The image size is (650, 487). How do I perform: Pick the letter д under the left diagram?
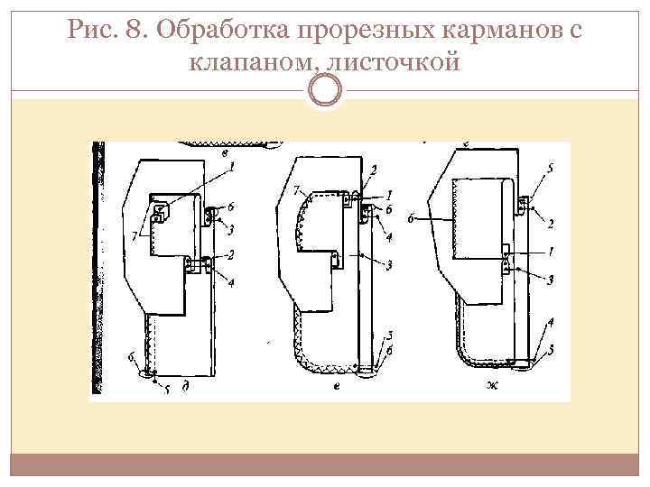tap(186, 386)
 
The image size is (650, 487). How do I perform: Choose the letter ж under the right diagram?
tap(493, 386)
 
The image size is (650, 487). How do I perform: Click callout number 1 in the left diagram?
tap(231, 166)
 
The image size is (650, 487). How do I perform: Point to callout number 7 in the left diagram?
tap(135, 235)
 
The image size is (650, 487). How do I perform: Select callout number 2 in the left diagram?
tap(230, 256)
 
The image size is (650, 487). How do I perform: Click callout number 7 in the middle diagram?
tap(296, 190)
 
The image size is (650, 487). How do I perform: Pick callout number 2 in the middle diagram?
tap(373, 169)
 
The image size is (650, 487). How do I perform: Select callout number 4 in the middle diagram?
tap(388, 237)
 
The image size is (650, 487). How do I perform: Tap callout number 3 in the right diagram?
tap(549, 280)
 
